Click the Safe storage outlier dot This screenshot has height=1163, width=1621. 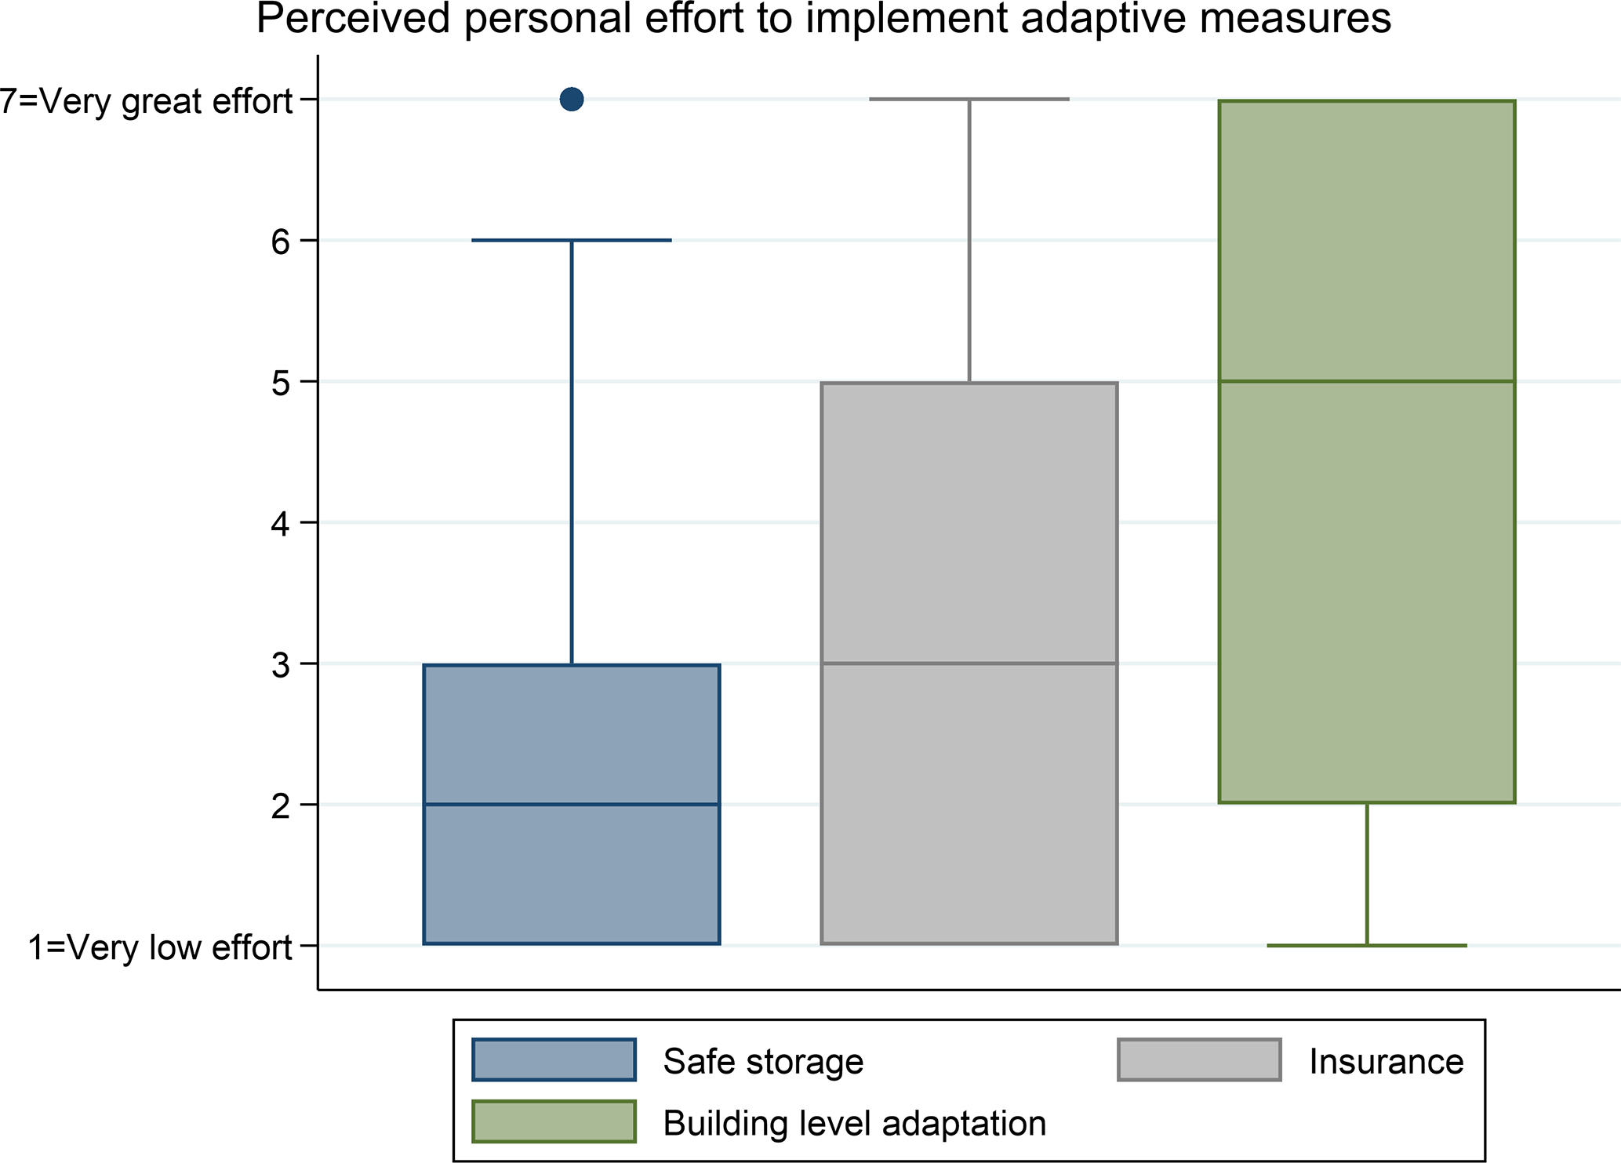click(572, 100)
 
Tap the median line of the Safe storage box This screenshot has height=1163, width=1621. click(572, 805)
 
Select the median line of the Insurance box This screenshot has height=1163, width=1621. click(969, 663)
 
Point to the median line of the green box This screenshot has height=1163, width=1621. click(1366, 382)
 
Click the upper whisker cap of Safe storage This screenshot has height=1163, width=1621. click(572, 240)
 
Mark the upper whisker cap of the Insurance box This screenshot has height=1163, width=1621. click(969, 100)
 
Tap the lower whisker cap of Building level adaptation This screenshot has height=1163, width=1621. click(1366, 946)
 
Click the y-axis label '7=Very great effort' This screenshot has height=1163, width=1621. click(147, 101)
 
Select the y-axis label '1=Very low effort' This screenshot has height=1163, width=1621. click(160, 947)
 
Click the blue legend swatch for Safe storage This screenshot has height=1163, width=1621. click(554, 1060)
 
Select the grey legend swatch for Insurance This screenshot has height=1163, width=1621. click(1199, 1060)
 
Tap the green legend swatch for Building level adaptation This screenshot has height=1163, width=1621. click(554, 1121)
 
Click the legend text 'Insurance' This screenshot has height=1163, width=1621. click(1386, 1061)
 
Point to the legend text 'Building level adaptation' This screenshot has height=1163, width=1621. click(854, 1123)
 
